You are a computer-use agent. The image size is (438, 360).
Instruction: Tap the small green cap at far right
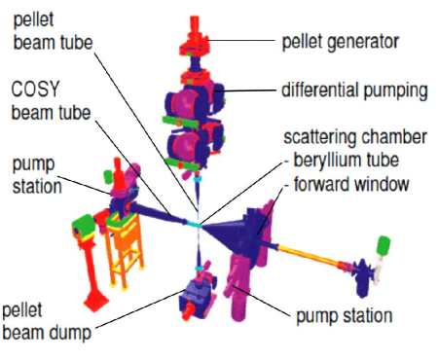pyautogui.click(x=383, y=242)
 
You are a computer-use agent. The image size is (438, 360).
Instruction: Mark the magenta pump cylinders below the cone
pyautogui.click(x=239, y=282)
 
